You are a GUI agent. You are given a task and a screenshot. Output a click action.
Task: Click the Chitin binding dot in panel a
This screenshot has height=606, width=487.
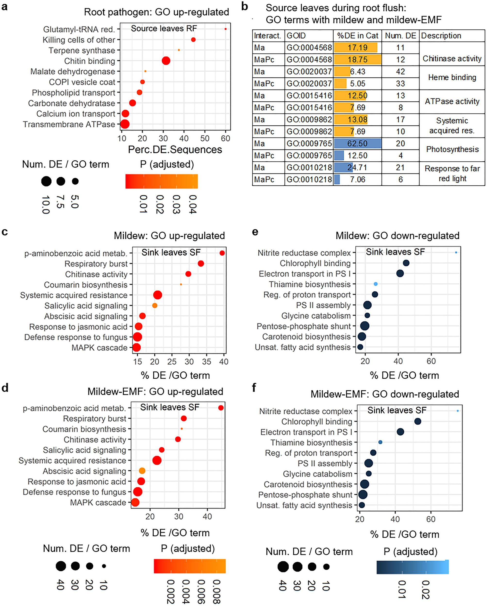tap(166, 61)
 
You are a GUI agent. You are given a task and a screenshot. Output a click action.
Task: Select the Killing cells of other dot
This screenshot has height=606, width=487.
tap(193, 40)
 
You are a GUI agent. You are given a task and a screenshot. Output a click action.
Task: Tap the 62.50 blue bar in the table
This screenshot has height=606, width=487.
tap(357, 144)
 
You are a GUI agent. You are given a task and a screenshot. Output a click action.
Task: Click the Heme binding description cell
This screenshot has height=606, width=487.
tap(452, 78)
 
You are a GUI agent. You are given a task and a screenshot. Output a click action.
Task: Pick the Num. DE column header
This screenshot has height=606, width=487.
tap(400, 36)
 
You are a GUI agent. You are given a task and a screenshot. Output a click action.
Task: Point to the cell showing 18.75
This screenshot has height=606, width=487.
tap(357, 60)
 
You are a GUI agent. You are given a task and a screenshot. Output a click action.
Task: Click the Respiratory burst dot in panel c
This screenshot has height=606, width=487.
tap(201, 264)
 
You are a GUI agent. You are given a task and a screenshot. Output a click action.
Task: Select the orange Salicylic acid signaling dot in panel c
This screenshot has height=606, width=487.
tap(155, 305)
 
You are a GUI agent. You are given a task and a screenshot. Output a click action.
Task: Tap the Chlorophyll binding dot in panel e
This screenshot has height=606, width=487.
tap(406, 263)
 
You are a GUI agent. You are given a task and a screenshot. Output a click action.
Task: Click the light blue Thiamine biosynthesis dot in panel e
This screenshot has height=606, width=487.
tap(375, 284)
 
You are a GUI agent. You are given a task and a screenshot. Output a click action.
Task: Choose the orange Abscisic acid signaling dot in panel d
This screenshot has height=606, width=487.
tap(142, 471)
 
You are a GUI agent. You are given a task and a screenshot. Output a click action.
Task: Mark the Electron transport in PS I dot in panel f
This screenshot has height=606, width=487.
tap(400, 432)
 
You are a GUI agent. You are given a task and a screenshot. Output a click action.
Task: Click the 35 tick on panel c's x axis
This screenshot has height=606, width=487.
tap(206, 362)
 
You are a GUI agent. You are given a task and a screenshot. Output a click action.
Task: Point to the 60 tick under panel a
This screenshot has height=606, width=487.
tap(225, 138)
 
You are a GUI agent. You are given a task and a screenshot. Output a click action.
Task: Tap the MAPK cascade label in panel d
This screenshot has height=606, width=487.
tap(98, 503)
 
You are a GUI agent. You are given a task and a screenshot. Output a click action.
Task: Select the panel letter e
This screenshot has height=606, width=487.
tap(255, 232)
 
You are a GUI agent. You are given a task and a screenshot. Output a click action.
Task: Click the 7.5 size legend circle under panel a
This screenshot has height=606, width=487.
tap(61, 181)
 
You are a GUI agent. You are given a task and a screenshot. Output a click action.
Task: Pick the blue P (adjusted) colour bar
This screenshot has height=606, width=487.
tap(413, 567)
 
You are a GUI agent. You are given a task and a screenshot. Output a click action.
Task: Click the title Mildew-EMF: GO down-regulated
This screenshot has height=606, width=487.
tap(385, 394)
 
